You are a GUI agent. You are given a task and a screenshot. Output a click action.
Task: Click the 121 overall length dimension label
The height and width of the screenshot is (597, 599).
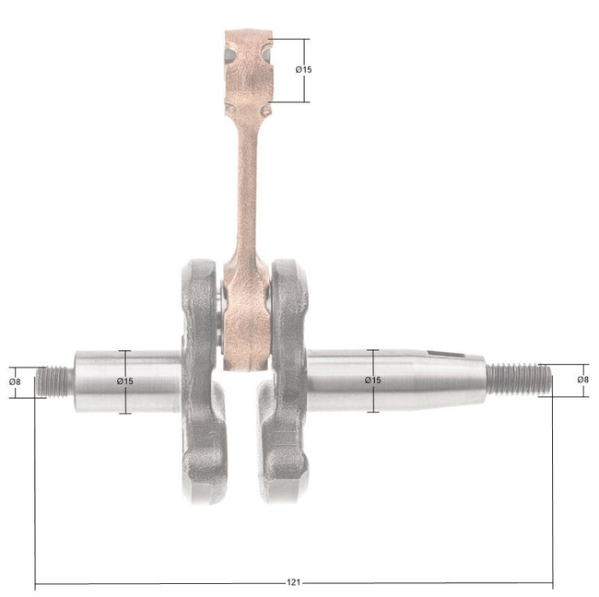[x=293, y=583]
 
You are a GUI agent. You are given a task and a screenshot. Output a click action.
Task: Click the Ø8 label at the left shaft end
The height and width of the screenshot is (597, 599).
[x=15, y=381]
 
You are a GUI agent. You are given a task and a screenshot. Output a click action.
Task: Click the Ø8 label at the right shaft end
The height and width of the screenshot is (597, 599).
[x=582, y=380]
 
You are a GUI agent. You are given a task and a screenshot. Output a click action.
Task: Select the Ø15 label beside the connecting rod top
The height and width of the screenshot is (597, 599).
[x=303, y=70]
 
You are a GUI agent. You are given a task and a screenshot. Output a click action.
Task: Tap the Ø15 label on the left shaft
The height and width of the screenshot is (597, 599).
[x=125, y=381]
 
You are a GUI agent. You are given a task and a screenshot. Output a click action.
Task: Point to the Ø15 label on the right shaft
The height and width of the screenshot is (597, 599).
[x=372, y=380]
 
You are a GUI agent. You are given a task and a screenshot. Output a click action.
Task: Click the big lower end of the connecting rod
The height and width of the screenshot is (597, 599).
[x=244, y=318]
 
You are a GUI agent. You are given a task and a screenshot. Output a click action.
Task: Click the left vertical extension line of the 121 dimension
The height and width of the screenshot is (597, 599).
[x=35, y=488]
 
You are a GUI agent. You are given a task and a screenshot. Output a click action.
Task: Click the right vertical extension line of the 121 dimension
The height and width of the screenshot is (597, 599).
[x=553, y=488]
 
